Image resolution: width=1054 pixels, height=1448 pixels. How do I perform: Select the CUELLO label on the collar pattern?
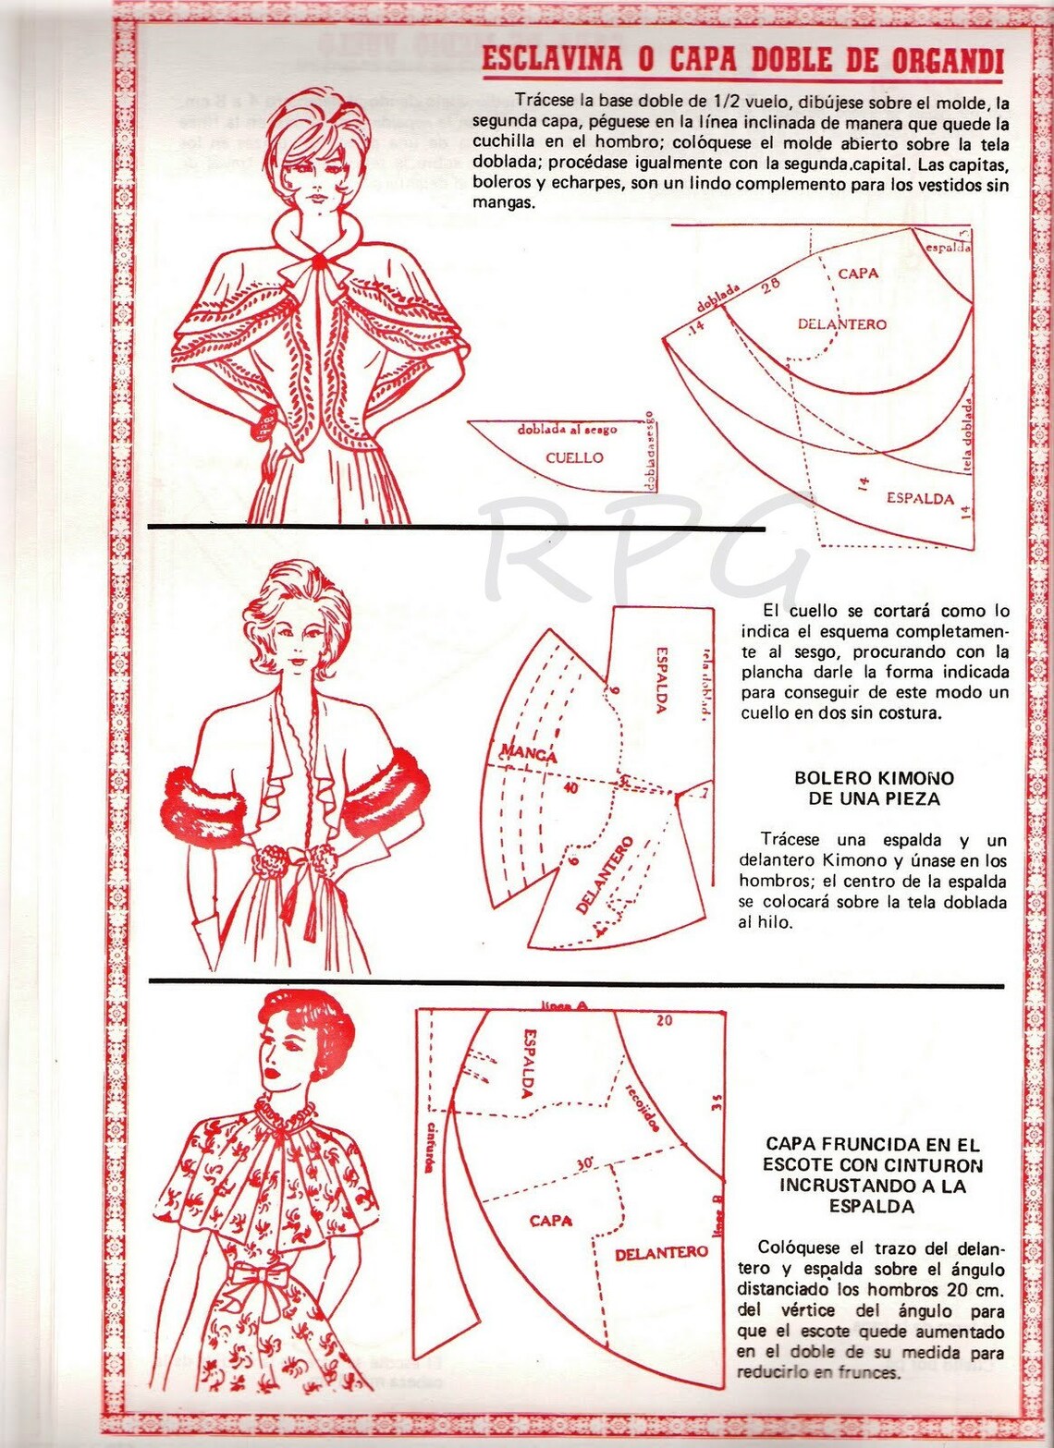[x=573, y=457]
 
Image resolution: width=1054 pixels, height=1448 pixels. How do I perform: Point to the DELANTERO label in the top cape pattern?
[x=841, y=324]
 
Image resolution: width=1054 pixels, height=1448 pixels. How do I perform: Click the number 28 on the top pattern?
[x=769, y=285]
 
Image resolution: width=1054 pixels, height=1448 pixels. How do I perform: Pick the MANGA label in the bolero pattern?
[x=529, y=753]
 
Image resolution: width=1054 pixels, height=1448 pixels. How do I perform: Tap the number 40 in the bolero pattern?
[x=570, y=788]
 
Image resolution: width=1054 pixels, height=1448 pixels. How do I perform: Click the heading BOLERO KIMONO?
[x=874, y=778]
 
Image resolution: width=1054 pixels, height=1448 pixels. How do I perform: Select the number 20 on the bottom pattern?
[x=664, y=1020]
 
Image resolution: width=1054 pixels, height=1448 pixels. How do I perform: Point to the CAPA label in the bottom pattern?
[x=550, y=1221]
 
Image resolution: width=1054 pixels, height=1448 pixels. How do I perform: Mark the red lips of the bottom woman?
[x=275, y=1077]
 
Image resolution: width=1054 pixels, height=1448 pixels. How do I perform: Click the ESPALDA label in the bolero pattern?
[x=662, y=679]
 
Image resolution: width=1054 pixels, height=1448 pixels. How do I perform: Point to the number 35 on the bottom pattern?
[x=717, y=1101]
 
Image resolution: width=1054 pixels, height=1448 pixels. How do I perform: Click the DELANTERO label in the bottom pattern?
[x=660, y=1253]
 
